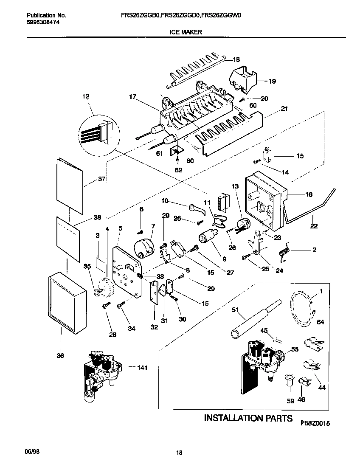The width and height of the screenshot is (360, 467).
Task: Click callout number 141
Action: (x=142, y=368)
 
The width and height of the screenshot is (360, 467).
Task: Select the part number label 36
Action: (x=60, y=356)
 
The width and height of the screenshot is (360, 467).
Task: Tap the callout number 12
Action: (x=86, y=97)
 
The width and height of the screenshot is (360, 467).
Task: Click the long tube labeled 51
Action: (x=255, y=319)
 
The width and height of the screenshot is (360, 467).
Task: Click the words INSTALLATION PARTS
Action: (x=248, y=418)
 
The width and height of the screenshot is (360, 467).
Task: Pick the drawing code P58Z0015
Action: (x=315, y=424)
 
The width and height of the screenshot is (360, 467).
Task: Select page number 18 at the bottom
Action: (x=179, y=453)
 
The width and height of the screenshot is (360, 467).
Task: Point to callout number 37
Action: (x=101, y=179)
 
